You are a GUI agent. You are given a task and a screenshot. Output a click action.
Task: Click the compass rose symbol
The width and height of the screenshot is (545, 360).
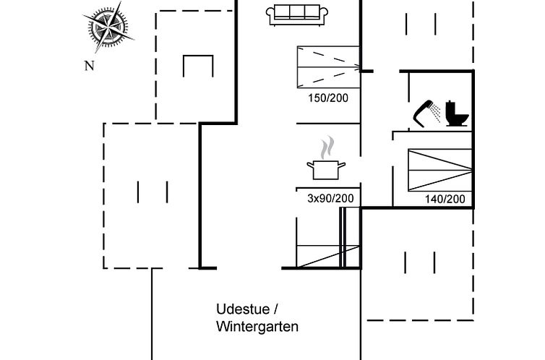[x=111, y=28]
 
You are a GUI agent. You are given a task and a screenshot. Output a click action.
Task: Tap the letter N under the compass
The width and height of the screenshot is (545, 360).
[x=90, y=66]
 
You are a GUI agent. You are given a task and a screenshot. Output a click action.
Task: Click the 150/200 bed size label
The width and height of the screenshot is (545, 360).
[x=323, y=98]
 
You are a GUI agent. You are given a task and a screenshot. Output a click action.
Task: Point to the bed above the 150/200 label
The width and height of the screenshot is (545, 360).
[x=328, y=67]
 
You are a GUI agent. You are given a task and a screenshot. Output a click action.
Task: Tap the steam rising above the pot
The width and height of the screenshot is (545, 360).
[x=327, y=147]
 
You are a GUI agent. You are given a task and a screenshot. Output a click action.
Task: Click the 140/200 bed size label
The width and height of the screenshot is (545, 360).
[x=444, y=199]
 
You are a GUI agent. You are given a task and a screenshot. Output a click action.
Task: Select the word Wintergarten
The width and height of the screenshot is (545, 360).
[x=257, y=327]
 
